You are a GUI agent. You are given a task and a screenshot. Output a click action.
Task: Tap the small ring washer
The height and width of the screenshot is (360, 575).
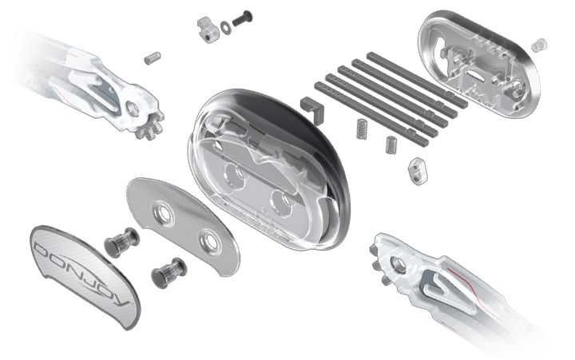pyautogui.click(x=225, y=27)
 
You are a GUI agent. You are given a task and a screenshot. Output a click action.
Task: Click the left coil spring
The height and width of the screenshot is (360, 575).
pyautogui.click(x=362, y=129)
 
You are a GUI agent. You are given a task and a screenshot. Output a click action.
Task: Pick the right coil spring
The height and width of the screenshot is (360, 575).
pyautogui.click(x=391, y=144)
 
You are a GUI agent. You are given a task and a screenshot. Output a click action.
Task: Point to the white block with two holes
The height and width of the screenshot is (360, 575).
pyautogui.click(x=418, y=170)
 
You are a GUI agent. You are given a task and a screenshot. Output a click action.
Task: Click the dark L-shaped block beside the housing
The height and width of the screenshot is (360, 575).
pyautogui.click(x=312, y=109)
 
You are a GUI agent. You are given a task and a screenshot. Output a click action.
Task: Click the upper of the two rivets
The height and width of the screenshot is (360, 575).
pyautogui.click(x=121, y=241)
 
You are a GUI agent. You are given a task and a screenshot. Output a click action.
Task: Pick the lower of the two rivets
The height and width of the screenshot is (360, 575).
pyautogui.click(x=169, y=271)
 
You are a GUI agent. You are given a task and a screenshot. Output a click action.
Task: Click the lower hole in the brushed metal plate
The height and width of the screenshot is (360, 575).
pyautogui.click(x=210, y=240)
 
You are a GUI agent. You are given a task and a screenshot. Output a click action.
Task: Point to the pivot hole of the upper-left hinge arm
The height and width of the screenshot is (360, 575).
pyautogui.click(x=133, y=108)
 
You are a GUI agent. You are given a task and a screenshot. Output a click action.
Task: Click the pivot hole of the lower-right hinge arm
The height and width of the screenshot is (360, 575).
pyautogui.click(x=398, y=263)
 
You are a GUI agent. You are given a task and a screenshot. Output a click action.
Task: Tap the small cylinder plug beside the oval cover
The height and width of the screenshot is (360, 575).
pyautogui.click(x=539, y=45)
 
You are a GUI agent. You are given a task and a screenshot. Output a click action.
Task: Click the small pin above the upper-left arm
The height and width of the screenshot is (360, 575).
pyautogui.click(x=153, y=58)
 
